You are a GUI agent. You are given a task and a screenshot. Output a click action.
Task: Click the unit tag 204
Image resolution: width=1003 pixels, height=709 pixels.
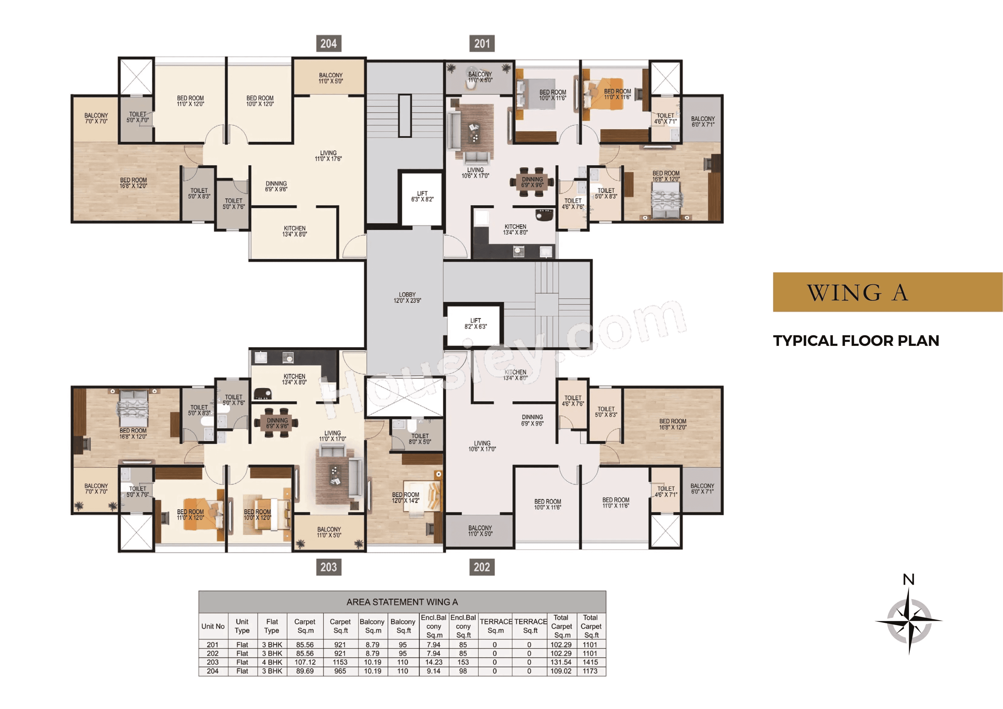[x=328, y=43]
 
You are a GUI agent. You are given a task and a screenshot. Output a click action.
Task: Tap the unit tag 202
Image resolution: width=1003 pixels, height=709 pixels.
[x=482, y=567]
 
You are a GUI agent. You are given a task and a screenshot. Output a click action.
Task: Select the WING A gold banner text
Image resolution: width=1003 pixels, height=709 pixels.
[x=857, y=292]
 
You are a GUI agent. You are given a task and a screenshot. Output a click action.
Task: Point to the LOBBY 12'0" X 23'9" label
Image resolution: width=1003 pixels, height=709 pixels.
[x=407, y=297]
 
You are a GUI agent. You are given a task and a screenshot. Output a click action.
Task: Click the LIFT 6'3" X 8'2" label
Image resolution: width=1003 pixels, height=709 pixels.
[x=422, y=196]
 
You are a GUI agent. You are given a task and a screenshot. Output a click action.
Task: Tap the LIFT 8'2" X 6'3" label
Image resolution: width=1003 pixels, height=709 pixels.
[x=475, y=323]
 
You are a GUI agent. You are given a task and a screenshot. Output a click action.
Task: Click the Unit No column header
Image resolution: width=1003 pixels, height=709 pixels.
[x=213, y=626]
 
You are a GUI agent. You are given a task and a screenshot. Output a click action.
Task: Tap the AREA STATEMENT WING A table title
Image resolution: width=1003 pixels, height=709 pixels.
[x=402, y=602]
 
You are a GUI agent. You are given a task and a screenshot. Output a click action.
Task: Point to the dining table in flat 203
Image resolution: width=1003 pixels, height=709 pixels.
[x=277, y=423]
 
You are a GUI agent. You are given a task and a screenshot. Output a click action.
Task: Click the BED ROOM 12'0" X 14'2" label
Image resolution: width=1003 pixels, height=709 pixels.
[x=405, y=497]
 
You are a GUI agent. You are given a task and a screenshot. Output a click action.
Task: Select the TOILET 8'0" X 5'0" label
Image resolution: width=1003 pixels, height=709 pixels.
[x=420, y=439]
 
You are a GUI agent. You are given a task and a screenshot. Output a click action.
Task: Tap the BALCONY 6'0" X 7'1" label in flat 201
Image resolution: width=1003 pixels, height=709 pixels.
[x=703, y=122]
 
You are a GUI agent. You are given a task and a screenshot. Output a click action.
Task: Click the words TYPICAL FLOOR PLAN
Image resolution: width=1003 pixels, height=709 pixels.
[x=856, y=341]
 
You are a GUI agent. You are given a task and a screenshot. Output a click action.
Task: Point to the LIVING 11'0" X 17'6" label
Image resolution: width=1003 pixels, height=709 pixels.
[x=328, y=156]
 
